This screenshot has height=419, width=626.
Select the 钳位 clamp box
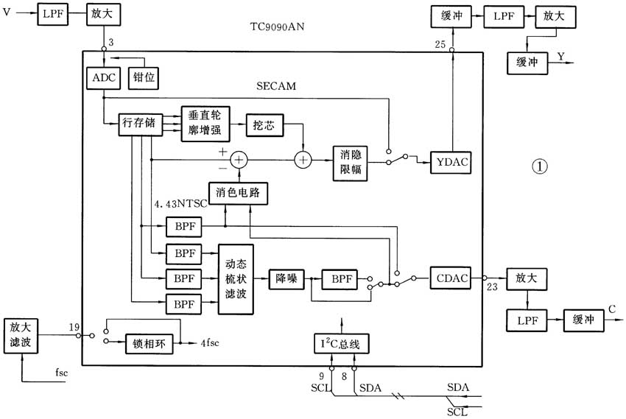144,77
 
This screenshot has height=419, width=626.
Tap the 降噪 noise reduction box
286,279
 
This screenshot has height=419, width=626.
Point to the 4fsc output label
210,343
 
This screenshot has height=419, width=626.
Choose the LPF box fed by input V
53,14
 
